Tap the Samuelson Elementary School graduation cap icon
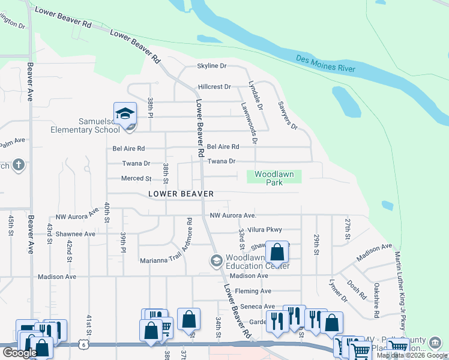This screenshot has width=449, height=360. tap(125, 114)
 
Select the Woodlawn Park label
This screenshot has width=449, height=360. tap(274, 178)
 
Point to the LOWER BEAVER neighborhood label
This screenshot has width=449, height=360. tap(181, 194)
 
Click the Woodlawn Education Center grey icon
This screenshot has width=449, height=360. tap(216, 260)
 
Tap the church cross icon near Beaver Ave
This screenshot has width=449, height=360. tap(19, 165)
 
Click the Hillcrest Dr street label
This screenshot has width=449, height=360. tap(214, 87)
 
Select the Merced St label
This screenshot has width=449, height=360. tap(136, 178)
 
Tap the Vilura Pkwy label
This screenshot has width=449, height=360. tap(264, 229)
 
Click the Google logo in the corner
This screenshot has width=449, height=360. tap(20, 353)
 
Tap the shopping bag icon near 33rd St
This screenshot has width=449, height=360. tap(277, 253)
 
